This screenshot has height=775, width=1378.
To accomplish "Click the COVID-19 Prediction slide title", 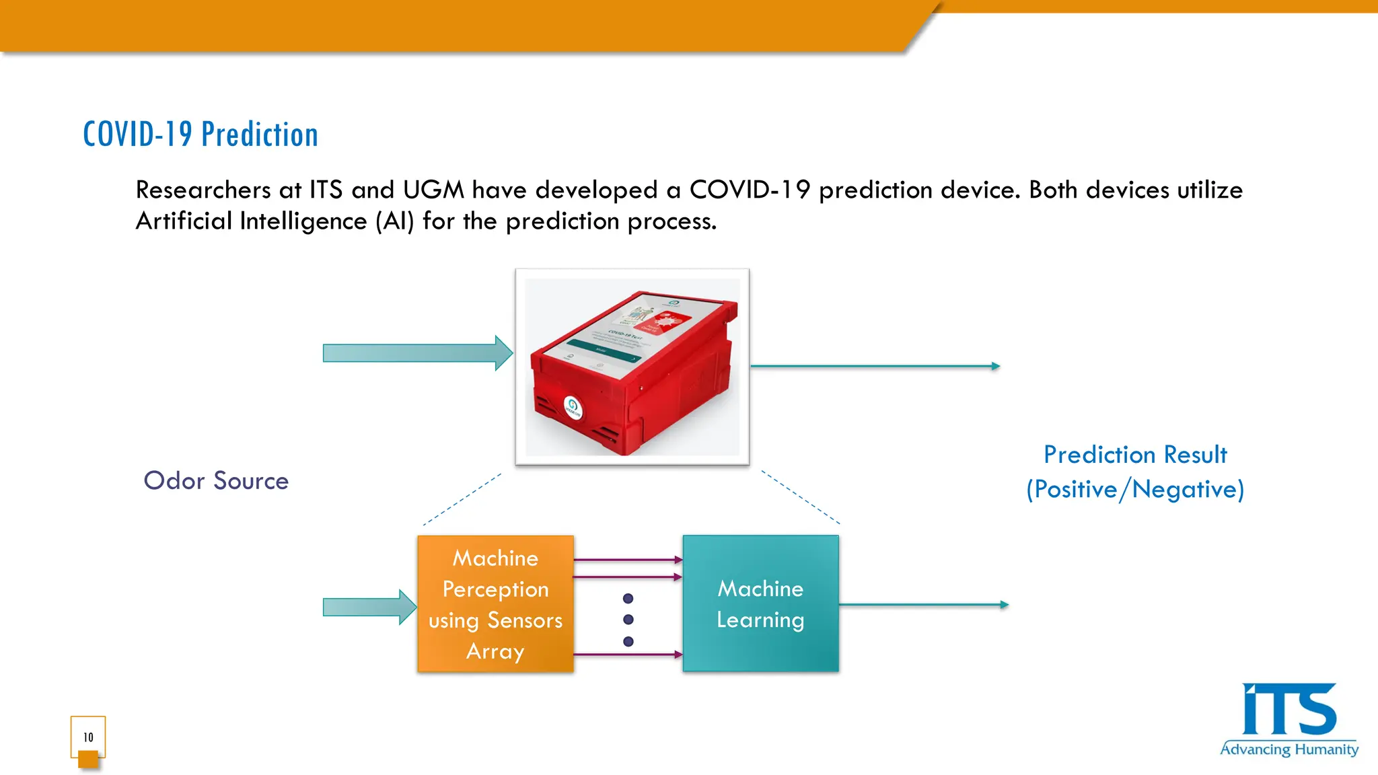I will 201,134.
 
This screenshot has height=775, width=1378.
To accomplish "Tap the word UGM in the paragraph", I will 433,190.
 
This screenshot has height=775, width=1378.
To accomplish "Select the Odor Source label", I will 216,481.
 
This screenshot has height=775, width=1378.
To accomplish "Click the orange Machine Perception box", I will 495,604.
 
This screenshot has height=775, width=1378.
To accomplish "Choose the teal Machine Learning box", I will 760,604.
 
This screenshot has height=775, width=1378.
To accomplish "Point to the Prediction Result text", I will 1135,455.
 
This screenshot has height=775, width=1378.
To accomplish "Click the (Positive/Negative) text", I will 1135,489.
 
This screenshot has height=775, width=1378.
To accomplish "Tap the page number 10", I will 88,737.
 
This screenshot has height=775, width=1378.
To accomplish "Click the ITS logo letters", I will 1289,710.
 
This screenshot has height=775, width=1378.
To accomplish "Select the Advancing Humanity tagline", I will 1289,749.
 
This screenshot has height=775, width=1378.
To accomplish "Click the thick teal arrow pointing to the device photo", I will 417,353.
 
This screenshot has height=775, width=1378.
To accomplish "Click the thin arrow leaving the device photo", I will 875,366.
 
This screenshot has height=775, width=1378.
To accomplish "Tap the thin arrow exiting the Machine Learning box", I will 923,605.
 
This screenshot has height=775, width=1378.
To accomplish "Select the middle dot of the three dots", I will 628,620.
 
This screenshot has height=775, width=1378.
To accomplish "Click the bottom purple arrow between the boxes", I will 628,655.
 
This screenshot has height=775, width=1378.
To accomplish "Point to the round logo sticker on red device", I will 573,406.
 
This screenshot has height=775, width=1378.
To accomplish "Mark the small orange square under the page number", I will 88,760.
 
